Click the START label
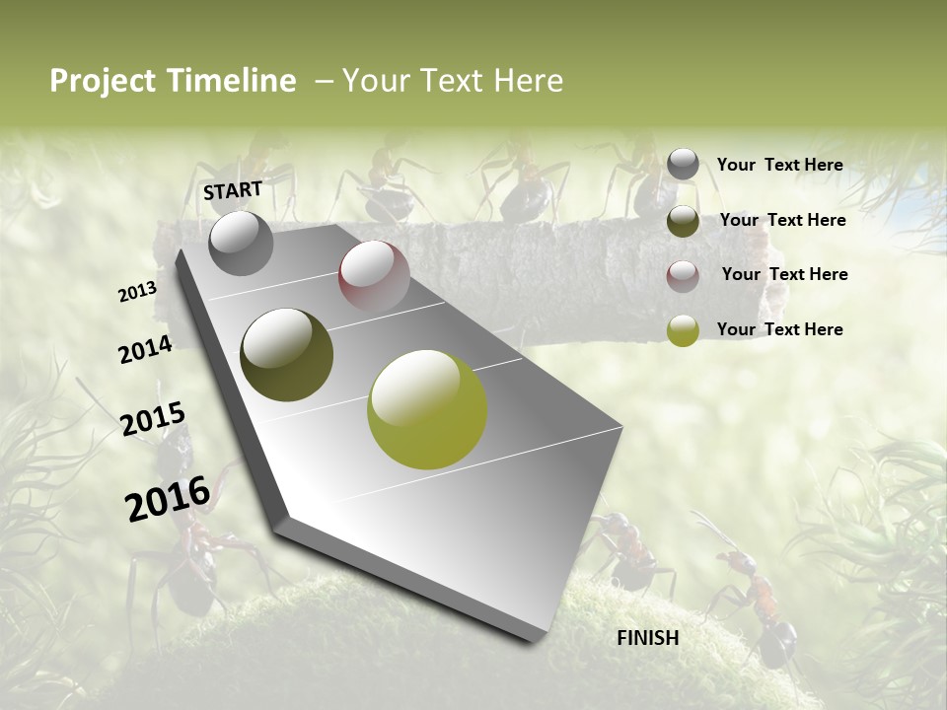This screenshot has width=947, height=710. [233, 190]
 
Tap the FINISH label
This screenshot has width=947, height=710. [648, 638]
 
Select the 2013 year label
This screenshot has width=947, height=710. [138, 291]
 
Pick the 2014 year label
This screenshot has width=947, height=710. [145, 350]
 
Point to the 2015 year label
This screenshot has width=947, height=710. [153, 419]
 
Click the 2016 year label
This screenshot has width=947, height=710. [168, 498]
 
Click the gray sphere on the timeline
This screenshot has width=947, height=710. [241, 243]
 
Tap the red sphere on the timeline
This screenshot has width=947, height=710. [374, 275]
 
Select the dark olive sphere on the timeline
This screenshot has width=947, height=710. [286, 355]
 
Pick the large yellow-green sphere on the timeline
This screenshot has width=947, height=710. [427, 409]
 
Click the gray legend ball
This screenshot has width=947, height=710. [683, 165]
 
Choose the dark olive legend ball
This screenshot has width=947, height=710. [683, 221]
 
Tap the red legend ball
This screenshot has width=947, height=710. [683, 276]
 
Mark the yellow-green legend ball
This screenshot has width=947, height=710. [683, 331]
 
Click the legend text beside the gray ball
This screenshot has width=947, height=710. [779, 165]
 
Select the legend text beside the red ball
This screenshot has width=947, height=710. [784, 274]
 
